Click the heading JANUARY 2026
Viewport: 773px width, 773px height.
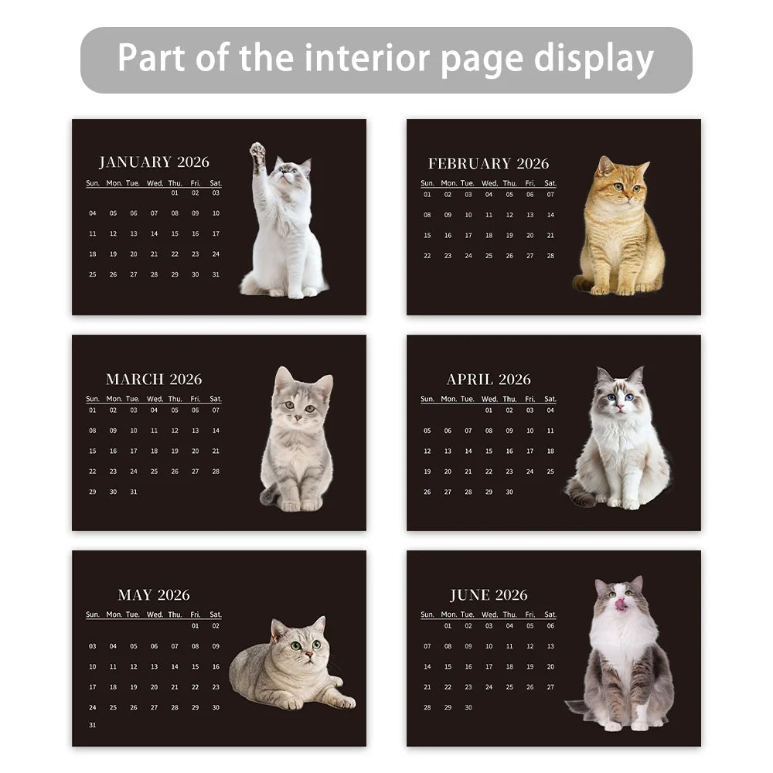coord(154,162)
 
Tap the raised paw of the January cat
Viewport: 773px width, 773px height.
coord(257,151)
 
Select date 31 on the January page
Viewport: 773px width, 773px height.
coord(216,274)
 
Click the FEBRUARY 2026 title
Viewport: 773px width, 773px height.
coord(489,164)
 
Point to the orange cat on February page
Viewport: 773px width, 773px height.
coord(619,228)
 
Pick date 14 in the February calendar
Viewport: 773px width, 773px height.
coord(550,215)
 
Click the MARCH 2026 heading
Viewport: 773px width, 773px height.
coord(154,380)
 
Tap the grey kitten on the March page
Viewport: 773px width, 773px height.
coord(298,441)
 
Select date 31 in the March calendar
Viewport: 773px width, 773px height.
coord(134,492)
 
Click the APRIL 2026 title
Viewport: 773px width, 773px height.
coord(489,380)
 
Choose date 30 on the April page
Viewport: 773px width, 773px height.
coord(509,492)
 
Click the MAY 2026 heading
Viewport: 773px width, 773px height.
coord(154,595)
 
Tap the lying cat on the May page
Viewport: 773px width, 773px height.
coord(290,665)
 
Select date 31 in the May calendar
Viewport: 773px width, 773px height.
coord(93,725)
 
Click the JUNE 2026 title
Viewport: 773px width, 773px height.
coord(489,595)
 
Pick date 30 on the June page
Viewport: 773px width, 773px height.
coord(468,707)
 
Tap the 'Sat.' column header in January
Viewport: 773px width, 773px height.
coord(215,183)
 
